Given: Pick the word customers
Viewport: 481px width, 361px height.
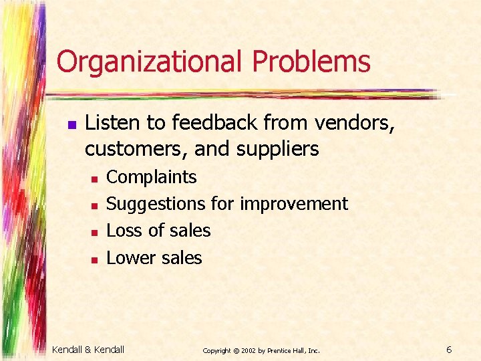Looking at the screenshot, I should pos(136,149).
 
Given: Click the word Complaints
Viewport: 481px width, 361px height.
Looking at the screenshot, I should pos(152,177).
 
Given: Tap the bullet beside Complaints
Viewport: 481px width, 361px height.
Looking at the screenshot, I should pos(95,179).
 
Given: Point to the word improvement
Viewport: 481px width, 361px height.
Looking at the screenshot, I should pos(293,204).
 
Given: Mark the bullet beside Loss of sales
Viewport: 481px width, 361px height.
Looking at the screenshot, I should pos(95,233).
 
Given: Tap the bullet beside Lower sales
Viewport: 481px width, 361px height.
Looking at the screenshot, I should pos(95,259).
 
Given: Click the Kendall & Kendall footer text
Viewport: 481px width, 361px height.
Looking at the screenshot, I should pos(88,349).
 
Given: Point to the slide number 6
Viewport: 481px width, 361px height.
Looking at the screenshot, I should pos(450,349).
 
